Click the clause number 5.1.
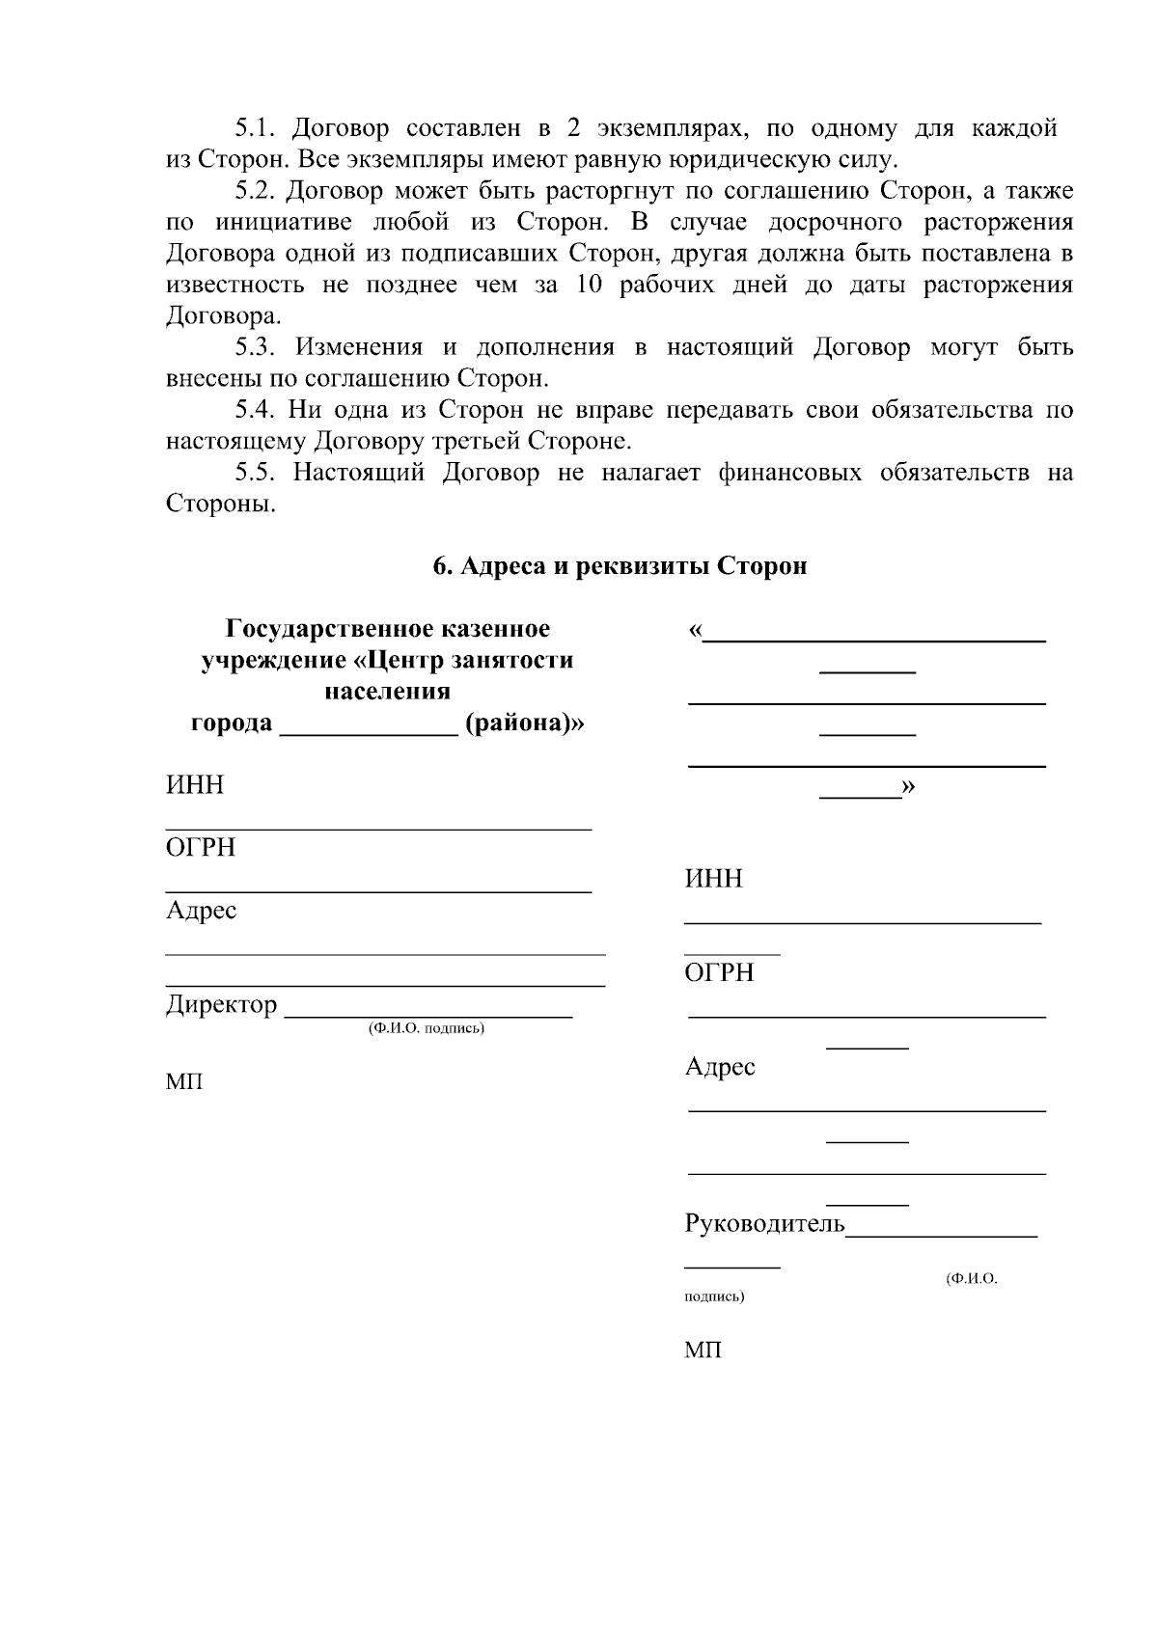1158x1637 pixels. (x=257, y=128)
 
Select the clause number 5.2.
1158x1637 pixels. (x=257, y=191)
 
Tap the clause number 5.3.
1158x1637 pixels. (x=257, y=347)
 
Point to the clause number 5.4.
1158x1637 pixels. (x=257, y=410)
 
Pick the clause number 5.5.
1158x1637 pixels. (x=257, y=473)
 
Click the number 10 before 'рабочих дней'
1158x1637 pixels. (x=590, y=285)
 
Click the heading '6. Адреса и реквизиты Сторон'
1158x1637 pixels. (x=620, y=566)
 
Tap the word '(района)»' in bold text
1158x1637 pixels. (x=524, y=723)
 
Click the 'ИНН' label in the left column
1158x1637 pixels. (x=195, y=785)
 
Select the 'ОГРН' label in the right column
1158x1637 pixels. (x=719, y=973)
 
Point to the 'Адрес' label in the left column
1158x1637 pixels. (x=201, y=911)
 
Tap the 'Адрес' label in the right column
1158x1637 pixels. (x=720, y=1067)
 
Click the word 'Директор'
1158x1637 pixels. (x=221, y=1005)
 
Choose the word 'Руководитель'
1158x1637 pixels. (x=764, y=1225)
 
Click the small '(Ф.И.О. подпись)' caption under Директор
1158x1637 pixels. (x=426, y=1028)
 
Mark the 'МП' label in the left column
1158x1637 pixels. (x=184, y=1082)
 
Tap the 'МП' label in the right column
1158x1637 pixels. (x=703, y=1351)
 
